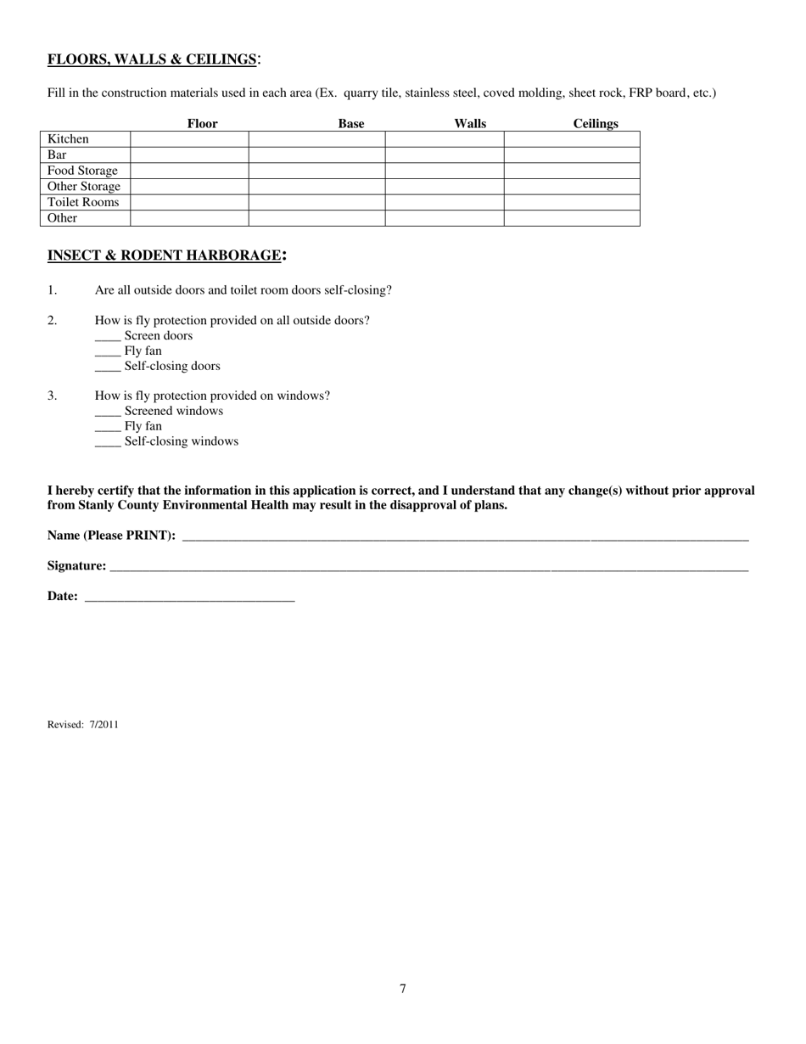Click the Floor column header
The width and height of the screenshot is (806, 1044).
tap(202, 124)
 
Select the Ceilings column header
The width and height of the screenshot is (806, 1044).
tap(595, 124)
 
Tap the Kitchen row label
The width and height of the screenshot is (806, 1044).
tap(69, 139)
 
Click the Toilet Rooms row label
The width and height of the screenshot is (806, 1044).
tap(83, 203)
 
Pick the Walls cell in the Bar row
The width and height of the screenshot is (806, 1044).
tap(444, 155)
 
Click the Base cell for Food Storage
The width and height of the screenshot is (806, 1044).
tap(316, 171)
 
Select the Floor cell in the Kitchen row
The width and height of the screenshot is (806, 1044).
tap(189, 139)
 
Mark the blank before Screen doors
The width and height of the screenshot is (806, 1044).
tap(108, 337)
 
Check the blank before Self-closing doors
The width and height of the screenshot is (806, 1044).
tap(108, 368)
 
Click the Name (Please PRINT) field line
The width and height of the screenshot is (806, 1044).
tap(465, 537)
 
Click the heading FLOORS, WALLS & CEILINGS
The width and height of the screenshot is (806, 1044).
tap(152, 59)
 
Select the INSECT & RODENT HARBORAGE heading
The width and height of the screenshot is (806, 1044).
tap(165, 255)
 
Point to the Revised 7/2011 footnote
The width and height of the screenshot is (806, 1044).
tap(83, 725)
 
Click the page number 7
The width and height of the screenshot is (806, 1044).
tap(403, 989)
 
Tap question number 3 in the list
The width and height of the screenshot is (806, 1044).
tap(53, 396)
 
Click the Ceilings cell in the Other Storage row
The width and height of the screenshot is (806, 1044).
tap(571, 187)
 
